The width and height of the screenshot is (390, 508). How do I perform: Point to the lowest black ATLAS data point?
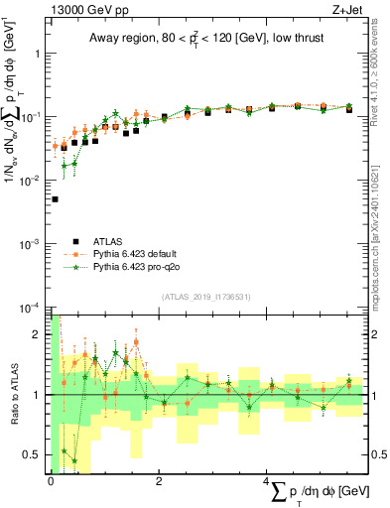point(55,199)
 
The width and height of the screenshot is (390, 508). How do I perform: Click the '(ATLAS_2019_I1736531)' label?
point(205,297)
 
